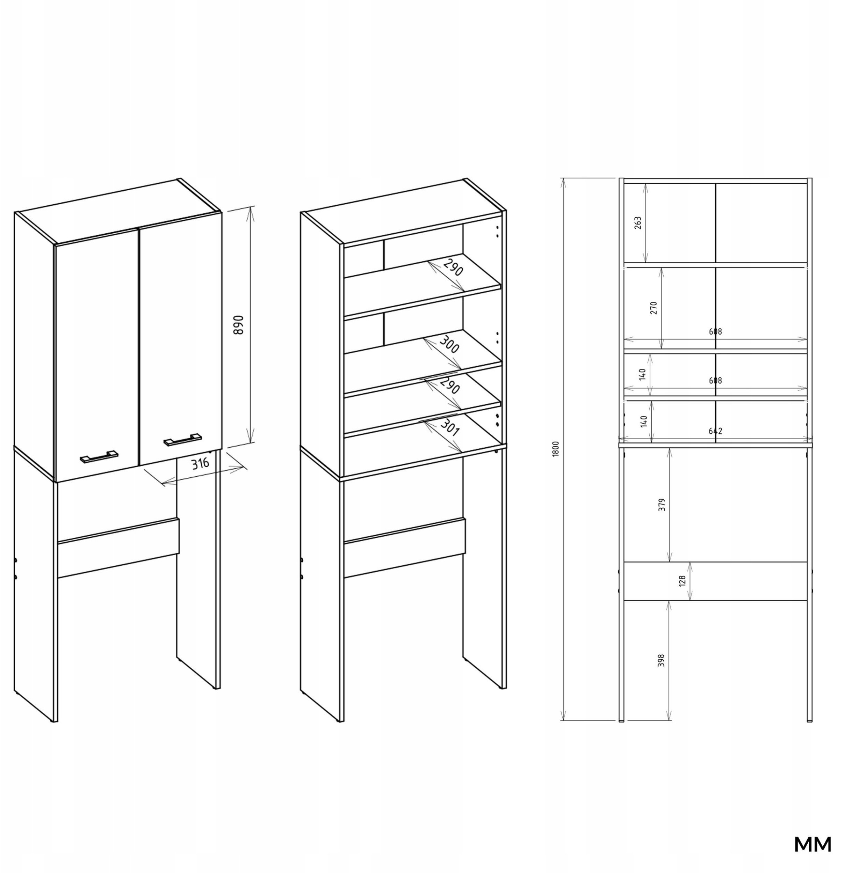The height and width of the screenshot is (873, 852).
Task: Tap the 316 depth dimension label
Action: coord(200,463)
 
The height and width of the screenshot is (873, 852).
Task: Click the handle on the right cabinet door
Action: coord(182,439)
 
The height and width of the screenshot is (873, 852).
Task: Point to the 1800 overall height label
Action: coord(556,449)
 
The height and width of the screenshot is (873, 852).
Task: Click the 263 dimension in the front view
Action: coord(638,223)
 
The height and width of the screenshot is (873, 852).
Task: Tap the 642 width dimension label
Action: coord(715,431)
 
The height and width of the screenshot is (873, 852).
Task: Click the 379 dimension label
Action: coord(662,505)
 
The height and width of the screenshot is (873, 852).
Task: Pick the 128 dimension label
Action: coord(682,581)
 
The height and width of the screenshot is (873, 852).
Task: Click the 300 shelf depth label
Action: coord(449,344)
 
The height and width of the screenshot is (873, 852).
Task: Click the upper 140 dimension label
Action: coord(643,374)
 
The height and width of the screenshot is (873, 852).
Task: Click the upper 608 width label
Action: coord(715,331)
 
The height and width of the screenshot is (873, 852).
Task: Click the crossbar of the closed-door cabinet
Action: coord(118,548)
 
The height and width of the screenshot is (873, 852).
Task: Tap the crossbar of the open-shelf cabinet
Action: coord(405,548)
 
